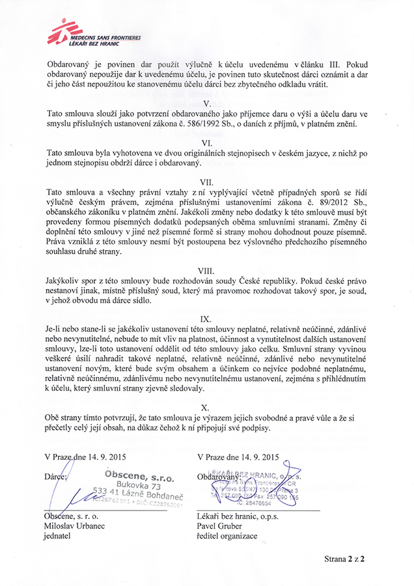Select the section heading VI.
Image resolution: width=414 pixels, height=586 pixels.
point(206,141)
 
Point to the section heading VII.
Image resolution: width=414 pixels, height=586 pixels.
point(206,183)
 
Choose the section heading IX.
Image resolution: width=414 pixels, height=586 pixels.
point(206,320)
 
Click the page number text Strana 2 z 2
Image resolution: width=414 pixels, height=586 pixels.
point(344,559)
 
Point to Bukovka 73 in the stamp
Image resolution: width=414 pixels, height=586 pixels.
point(139,486)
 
